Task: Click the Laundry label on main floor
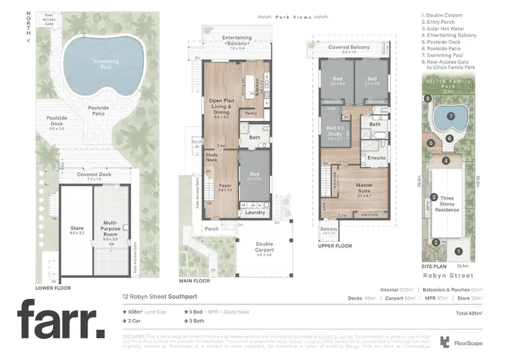pyautogui.click(x=255, y=212)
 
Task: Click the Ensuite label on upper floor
pyautogui.click(x=376, y=158)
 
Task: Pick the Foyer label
pyautogui.click(x=225, y=187)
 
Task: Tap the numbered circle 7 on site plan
pyautogui.click(x=451, y=116)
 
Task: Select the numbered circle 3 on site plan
pyautogui.click(x=434, y=197)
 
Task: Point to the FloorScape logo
pyautogui.click(x=464, y=342)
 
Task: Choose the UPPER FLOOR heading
pyautogui.click(x=335, y=247)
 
